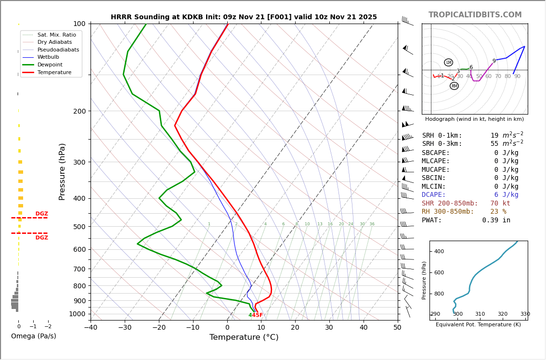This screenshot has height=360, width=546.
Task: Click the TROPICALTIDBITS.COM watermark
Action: pyautogui.click(x=475, y=15)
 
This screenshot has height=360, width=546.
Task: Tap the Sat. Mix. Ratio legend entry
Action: pyautogui.click(x=56, y=35)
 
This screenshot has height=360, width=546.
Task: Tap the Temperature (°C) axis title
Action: pyautogui.click(x=244, y=337)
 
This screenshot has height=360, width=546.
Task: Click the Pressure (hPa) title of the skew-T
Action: pyautogui.click(x=62, y=171)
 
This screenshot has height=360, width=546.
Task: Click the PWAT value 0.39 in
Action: pyautogui.click(x=496, y=220)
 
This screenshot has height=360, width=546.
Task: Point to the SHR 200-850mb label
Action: pyautogui.click(x=450, y=204)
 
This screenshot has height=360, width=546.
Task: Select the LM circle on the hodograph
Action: pyautogui.click(x=448, y=63)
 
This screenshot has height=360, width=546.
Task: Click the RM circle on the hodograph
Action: pyautogui.click(x=454, y=86)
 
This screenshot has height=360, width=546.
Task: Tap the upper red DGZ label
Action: pyautogui.click(x=41, y=214)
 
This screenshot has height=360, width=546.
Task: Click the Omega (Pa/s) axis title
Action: pyautogui.click(x=33, y=336)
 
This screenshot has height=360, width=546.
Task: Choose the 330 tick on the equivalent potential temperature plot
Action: pyautogui.click(x=525, y=314)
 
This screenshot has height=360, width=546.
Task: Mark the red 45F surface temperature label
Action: pyautogui.click(x=258, y=315)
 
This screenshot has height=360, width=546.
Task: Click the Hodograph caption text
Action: pyautogui.click(x=474, y=119)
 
